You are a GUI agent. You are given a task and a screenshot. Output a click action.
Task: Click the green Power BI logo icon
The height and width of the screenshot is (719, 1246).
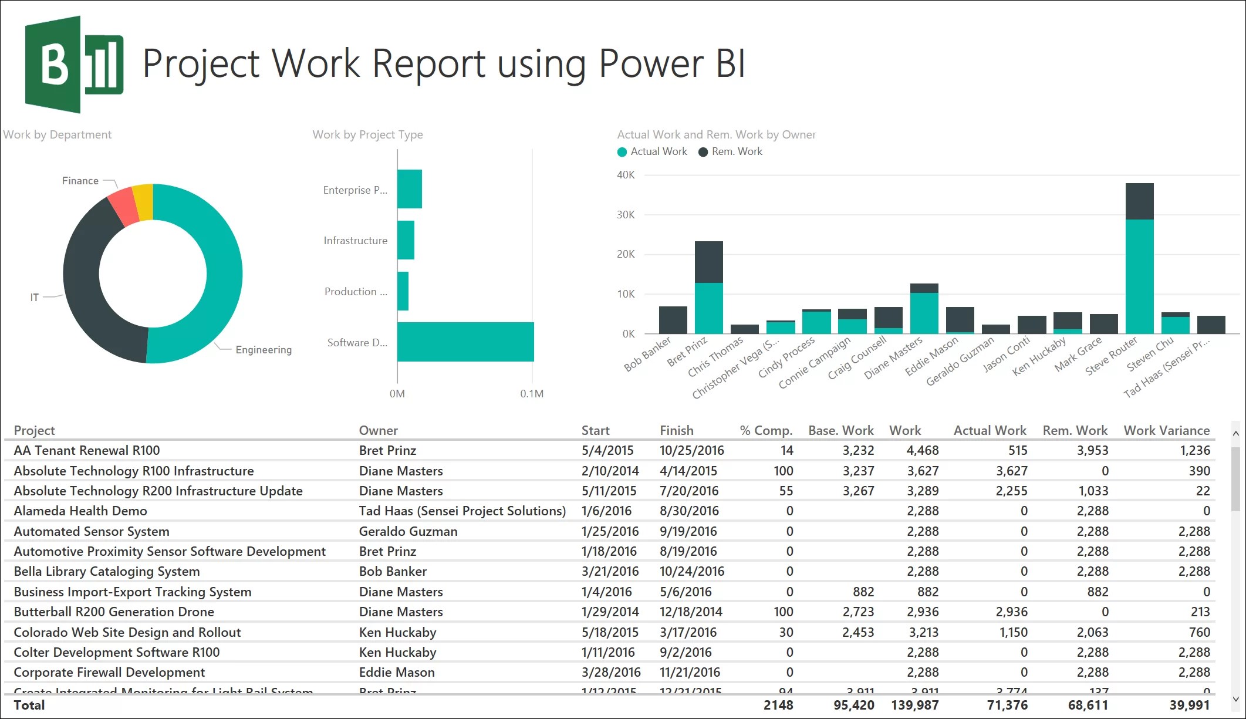[x=73, y=65]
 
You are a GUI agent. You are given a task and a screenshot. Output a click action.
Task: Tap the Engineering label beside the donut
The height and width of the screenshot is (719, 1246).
[x=264, y=350]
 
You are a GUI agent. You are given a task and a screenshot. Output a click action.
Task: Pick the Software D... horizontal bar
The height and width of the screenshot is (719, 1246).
[x=465, y=342]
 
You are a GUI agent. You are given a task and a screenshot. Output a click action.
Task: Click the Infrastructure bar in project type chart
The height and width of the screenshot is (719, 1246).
[x=406, y=240]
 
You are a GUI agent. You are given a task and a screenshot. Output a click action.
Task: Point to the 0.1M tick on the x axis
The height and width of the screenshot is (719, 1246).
[x=532, y=394]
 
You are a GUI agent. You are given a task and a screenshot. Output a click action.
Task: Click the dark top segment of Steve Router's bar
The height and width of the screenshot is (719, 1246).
[x=1139, y=201]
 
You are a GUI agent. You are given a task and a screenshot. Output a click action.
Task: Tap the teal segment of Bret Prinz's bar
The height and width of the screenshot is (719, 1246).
[x=708, y=308]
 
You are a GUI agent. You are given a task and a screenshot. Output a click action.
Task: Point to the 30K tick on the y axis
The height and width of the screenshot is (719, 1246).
[x=626, y=215]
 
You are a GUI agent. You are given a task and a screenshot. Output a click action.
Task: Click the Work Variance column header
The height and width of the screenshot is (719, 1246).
[x=1166, y=430]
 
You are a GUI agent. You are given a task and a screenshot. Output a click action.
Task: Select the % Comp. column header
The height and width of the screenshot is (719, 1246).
[x=766, y=430]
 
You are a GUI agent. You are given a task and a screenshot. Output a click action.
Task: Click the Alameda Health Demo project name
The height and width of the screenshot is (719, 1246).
[x=80, y=511]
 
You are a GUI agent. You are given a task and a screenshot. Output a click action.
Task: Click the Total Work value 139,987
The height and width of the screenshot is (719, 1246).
[x=914, y=705]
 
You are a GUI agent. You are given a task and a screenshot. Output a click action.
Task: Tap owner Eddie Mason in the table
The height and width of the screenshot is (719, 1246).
[x=397, y=672]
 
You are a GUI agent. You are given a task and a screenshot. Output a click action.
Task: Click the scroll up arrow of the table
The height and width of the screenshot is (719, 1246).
[x=1235, y=434]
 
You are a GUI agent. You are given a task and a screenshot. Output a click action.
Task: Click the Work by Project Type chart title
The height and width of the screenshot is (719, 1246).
[x=367, y=134]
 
